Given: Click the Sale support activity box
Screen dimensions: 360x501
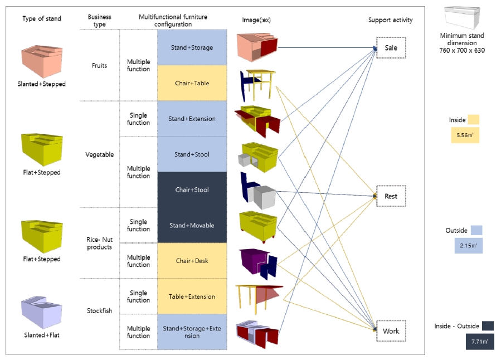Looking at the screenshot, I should [x=391, y=48].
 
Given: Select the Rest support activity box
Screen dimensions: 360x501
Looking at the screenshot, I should [x=391, y=196].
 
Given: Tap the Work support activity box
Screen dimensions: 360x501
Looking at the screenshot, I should [x=391, y=331].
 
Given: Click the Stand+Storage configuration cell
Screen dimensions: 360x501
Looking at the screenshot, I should [x=192, y=47].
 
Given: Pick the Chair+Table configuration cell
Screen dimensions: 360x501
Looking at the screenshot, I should [x=192, y=83].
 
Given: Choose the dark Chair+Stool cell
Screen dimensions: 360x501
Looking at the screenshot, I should [x=192, y=190].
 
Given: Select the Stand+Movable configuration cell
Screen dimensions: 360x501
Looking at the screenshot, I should [x=192, y=226].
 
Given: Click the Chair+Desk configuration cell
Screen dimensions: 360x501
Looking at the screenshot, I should [x=192, y=261].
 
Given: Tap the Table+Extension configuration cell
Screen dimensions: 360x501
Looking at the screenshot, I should [x=192, y=296].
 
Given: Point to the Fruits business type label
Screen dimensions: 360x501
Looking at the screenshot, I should [x=100, y=65].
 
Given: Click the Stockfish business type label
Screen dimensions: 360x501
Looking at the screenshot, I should [x=100, y=311].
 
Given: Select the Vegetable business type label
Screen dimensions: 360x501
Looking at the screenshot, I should [x=100, y=154].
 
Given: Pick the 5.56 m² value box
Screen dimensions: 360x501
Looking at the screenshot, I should [x=465, y=135].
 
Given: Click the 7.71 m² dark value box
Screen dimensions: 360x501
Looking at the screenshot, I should [x=480, y=341].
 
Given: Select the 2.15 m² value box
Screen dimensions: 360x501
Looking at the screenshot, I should [x=468, y=245].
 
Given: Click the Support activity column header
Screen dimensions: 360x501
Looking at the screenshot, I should [x=391, y=20].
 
